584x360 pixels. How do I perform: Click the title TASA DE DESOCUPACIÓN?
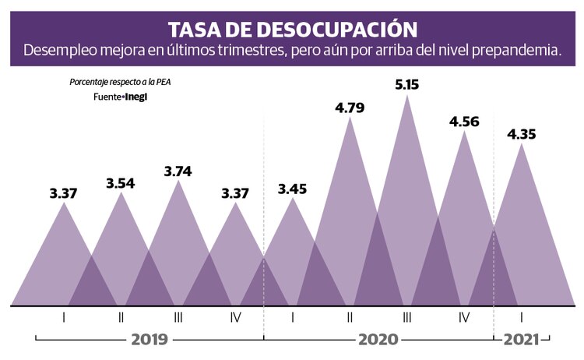(x=291, y=29)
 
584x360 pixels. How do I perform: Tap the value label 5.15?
(x=406, y=83)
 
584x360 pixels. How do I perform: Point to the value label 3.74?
(x=178, y=171)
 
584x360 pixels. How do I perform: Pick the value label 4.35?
(x=522, y=134)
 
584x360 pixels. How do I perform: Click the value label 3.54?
(x=121, y=183)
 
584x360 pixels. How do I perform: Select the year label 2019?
(x=150, y=340)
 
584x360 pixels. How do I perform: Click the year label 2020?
(x=378, y=340)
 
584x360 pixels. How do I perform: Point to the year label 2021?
(x=520, y=340)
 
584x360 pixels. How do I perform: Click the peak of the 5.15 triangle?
(x=406, y=95)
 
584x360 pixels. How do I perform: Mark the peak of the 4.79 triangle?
(x=350, y=118)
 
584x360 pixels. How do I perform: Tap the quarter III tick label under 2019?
(x=178, y=317)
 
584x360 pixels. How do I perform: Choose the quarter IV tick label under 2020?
(x=464, y=317)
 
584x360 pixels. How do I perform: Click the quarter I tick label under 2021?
(x=522, y=317)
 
